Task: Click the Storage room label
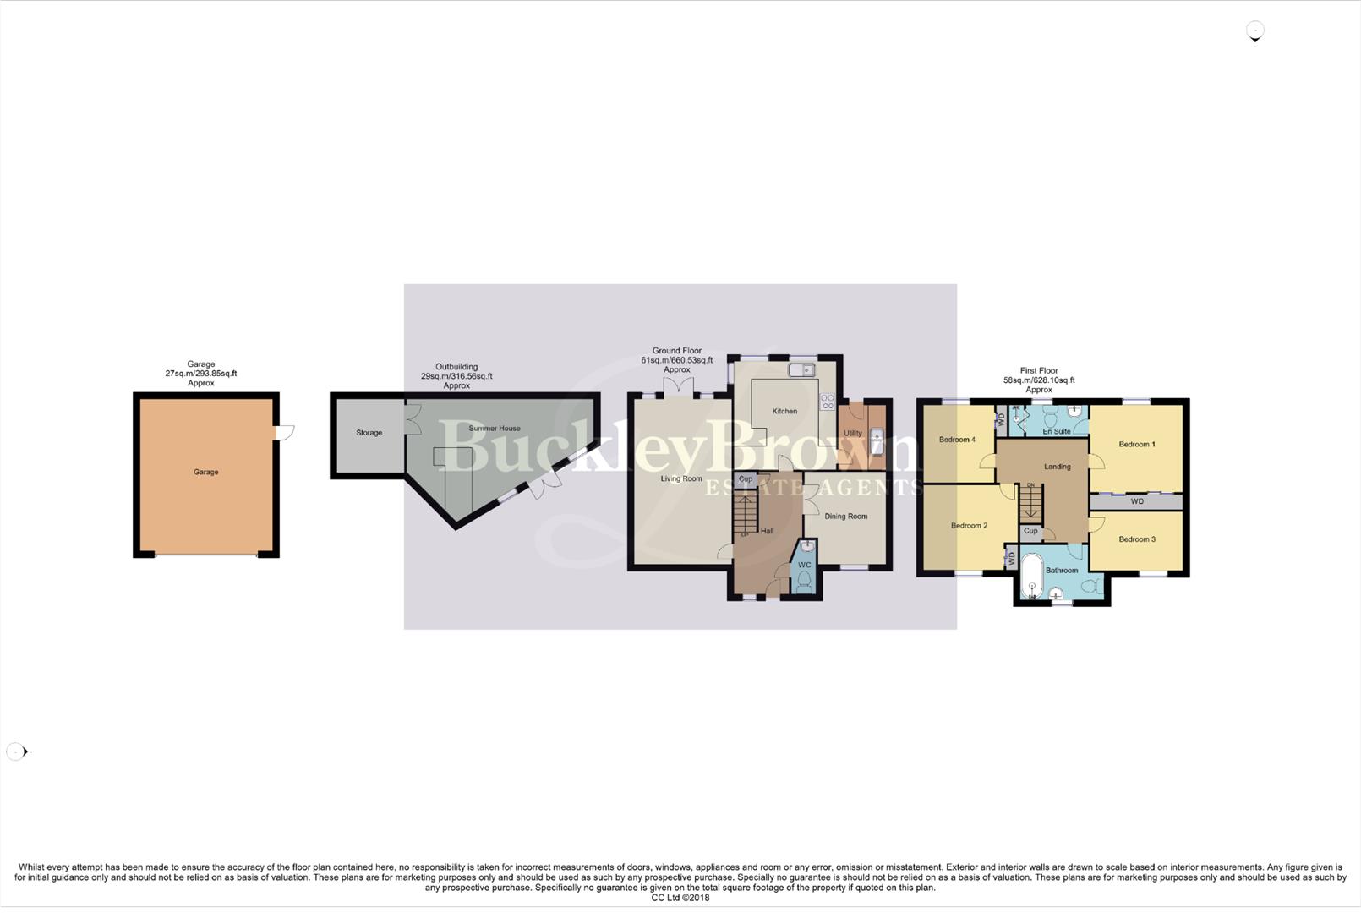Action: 369,433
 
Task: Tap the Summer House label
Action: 495,429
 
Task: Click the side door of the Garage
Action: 285,432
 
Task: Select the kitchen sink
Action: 801,370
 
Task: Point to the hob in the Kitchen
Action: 827,402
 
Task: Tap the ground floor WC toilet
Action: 804,582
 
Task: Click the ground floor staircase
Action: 745,512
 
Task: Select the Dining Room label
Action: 845,517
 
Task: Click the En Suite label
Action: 1057,431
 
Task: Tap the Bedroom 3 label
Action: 1137,539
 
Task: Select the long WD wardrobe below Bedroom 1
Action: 1136,502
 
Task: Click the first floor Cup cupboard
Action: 1030,532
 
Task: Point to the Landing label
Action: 1057,467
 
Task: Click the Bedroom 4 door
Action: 987,462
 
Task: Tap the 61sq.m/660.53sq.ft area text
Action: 676,360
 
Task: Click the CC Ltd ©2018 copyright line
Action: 680,898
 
